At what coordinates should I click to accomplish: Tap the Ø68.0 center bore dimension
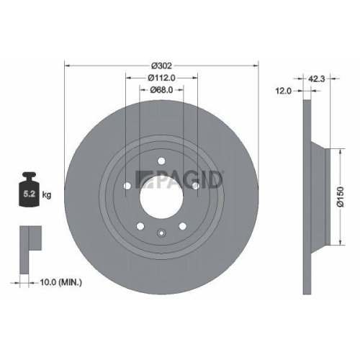click(161, 89)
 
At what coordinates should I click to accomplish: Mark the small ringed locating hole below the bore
click(161, 233)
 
